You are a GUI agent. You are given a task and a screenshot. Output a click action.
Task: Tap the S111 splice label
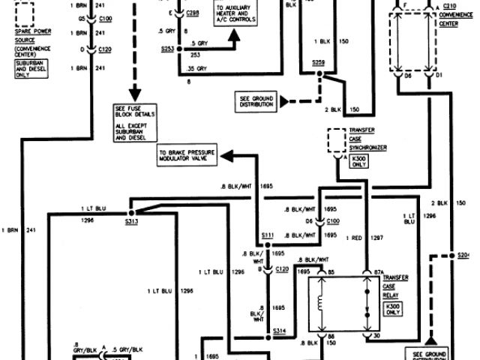[268, 235]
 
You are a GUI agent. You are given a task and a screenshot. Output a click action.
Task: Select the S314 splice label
[280, 330]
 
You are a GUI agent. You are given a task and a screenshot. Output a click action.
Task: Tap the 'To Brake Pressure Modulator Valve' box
[186, 156]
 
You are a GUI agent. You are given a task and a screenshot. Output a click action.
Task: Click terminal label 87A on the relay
[368, 271]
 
